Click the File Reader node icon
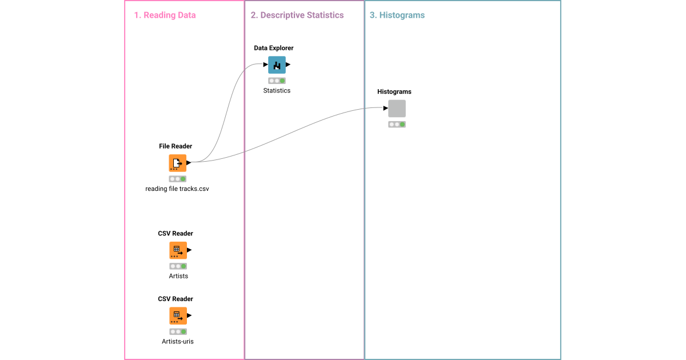(x=177, y=163)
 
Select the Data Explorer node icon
(x=277, y=65)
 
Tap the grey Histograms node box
(x=397, y=109)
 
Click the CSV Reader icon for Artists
(x=178, y=250)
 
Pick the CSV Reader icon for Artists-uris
(x=178, y=315)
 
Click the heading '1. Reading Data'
(x=165, y=15)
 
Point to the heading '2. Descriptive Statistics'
(x=297, y=15)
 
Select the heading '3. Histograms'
(x=397, y=15)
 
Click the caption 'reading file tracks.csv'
(x=177, y=189)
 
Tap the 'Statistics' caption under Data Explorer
(x=277, y=91)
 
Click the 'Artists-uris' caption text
(x=178, y=342)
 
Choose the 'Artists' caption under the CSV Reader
(x=178, y=276)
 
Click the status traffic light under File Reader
(x=177, y=179)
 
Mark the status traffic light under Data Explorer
(x=277, y=81)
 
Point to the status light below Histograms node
(x=397, y=125)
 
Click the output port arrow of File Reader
(x=189, y=163)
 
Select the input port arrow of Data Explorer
(x=265, y=65)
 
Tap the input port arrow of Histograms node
(x=385, y=109)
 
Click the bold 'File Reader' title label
(x=176, y=146)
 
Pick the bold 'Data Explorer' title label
(x=274, y=48)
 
